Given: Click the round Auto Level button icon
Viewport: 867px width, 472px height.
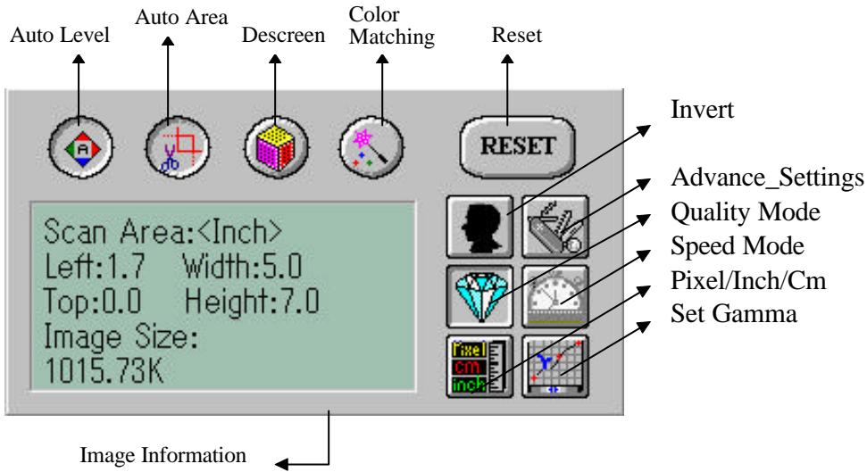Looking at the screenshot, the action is tap(80, 147).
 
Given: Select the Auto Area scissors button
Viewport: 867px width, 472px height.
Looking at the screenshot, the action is tap(178, 147).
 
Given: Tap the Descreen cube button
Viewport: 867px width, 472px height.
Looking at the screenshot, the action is tap(276, 147).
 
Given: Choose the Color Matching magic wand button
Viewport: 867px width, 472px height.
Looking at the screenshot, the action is tap(371, 147).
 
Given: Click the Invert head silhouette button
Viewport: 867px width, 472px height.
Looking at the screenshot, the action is tap(479, 227).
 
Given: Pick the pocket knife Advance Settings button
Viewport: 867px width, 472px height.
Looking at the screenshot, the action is tap(555, 227).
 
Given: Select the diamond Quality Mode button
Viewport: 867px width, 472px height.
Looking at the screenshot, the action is tap(479, 296).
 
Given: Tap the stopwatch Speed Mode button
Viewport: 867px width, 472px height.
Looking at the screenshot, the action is tap(555, 296).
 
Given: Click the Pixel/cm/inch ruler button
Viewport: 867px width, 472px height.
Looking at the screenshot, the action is tap(479, 366).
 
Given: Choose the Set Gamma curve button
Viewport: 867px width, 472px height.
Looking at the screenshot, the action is tap(555, 366).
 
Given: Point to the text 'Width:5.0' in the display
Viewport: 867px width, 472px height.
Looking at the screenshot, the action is tap(242, 267).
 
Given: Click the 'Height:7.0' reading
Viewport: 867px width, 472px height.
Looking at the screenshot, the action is tap(252, 302).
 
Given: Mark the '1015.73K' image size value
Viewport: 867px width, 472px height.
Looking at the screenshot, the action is tap(104, 370).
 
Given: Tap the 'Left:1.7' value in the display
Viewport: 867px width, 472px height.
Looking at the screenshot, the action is tap(95, 267).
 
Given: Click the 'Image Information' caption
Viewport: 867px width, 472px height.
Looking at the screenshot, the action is tap(163, 455).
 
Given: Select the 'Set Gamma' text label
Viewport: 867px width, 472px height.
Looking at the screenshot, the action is tap(734, 314).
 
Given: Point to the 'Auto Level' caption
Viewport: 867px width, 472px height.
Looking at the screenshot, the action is tap(60, 35).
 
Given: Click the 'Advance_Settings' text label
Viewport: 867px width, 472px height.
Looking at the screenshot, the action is tap(767, 178).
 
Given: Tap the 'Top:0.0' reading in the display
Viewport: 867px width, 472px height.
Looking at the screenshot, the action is tap(92, 302).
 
